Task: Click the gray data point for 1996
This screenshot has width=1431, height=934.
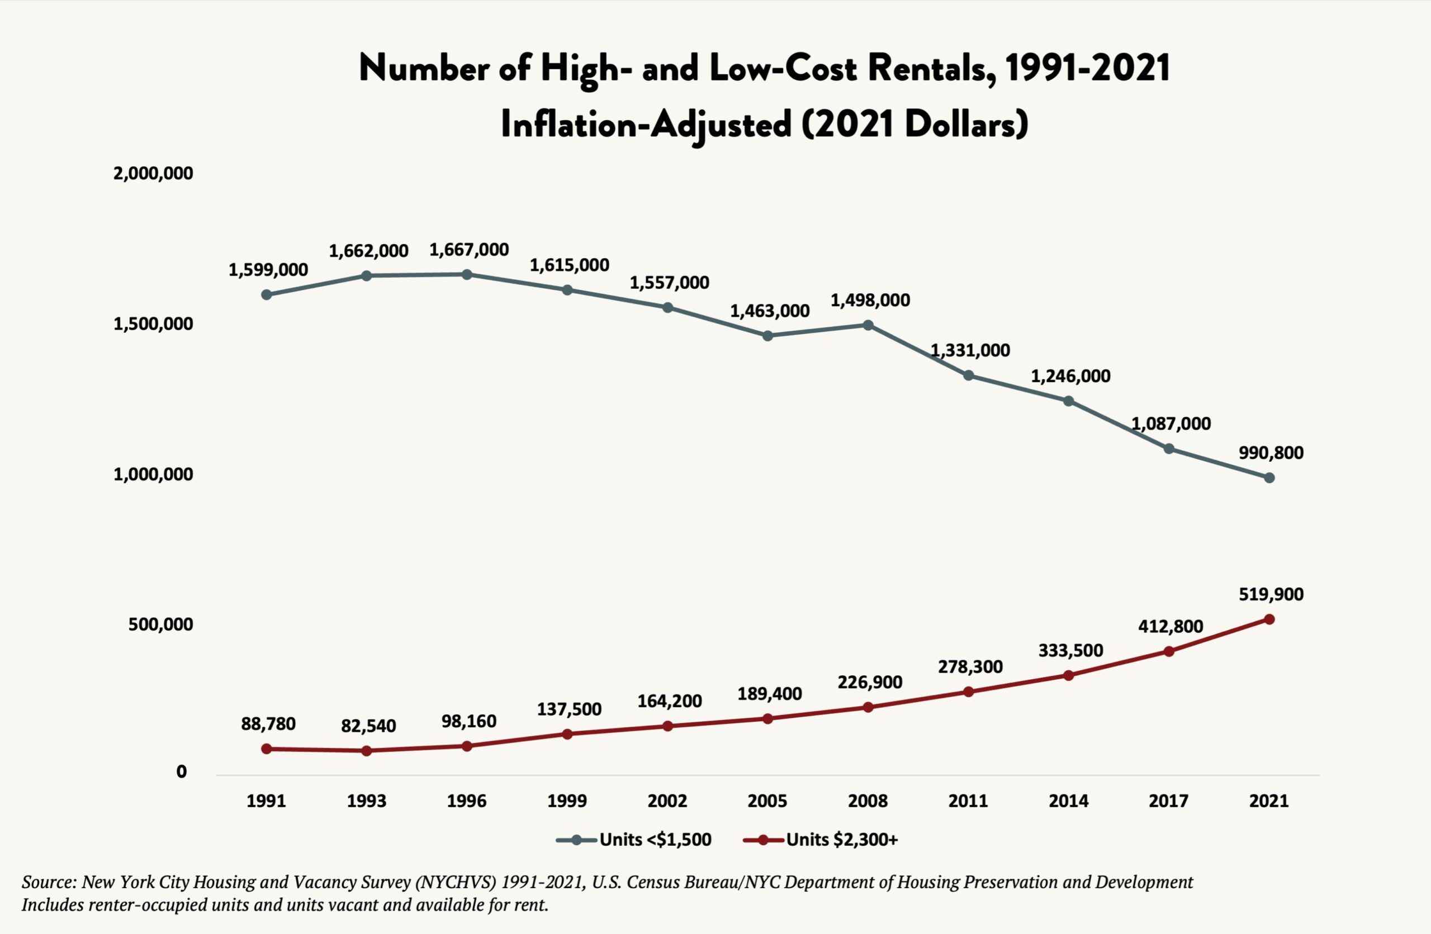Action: click(467, 275)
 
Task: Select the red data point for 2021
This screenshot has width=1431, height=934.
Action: click(1269, 619)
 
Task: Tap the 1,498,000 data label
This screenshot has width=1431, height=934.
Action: click(870, 300)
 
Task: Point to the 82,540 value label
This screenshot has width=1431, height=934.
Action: click(368, 726)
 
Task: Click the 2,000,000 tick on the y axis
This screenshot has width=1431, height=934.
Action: click(153, 174)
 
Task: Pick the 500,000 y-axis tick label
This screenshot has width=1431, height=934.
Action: click(160, 625)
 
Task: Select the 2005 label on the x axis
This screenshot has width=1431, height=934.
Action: click(767, 800)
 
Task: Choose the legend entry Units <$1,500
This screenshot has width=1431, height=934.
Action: click(634, 840)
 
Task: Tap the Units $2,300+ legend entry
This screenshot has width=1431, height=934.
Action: click(821, 840)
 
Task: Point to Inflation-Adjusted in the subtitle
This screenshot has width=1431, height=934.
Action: click(646, 125)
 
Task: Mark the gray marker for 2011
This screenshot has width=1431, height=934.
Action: click(968, 375)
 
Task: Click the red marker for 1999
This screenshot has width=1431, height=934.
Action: click(567, 734)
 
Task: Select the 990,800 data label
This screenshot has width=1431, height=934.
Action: click(1271, 452)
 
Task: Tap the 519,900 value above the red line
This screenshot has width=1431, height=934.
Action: click(1271, 594)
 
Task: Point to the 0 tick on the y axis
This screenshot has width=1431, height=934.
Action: click(181, 771)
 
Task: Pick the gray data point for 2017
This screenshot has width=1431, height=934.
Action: click(1169, 449)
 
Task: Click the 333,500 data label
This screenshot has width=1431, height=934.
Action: click(1070, 650)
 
